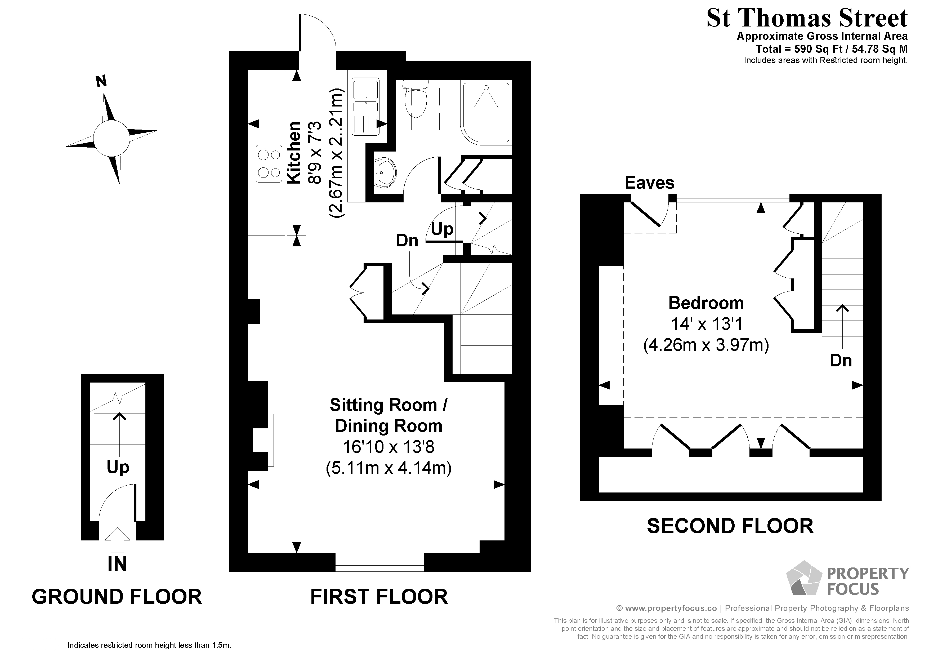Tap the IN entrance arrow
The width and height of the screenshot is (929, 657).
[x=117, y=540]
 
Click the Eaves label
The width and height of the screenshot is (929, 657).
[x=649, y=183]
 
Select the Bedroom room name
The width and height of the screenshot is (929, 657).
[x=706, y=303]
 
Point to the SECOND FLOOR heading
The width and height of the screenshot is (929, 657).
[x=730, y=526]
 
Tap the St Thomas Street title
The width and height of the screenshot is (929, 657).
[x=807, y=18]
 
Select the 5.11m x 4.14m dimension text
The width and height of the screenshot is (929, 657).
[x=388, y=468]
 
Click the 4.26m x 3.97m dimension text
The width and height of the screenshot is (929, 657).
[x=706, y=345]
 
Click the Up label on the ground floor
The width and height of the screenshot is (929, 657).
[x=118, y=467]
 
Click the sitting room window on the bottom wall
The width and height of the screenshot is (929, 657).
[x=379, y=562]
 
